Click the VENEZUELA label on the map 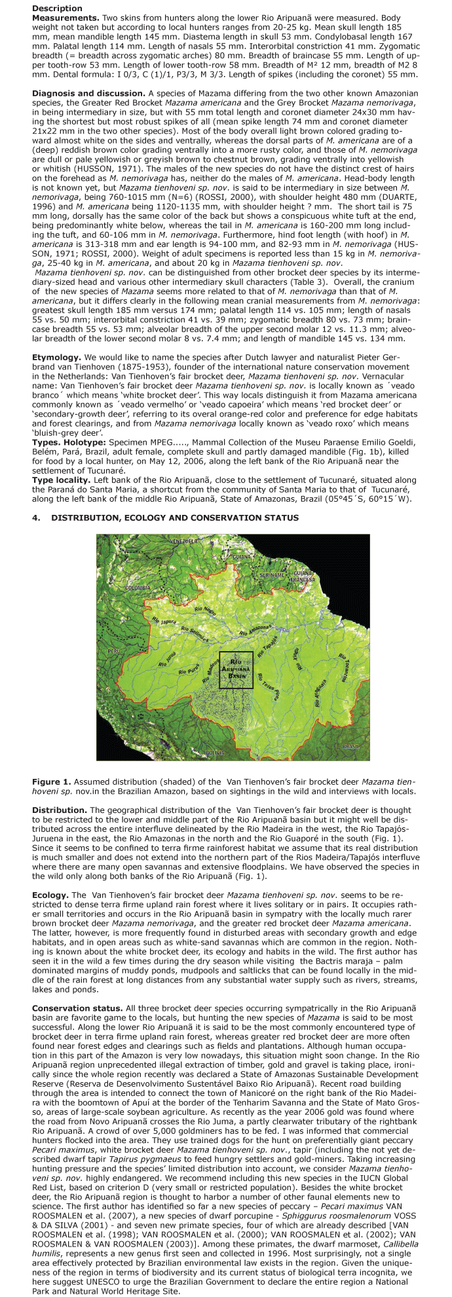click(183, 541)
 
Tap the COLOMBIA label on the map click(138, 588)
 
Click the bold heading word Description click(54, 8)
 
